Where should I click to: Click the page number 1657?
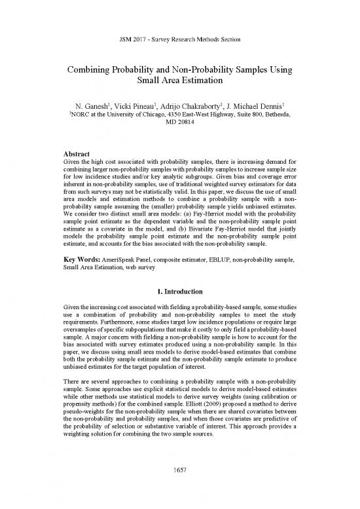(x=179, y=488)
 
